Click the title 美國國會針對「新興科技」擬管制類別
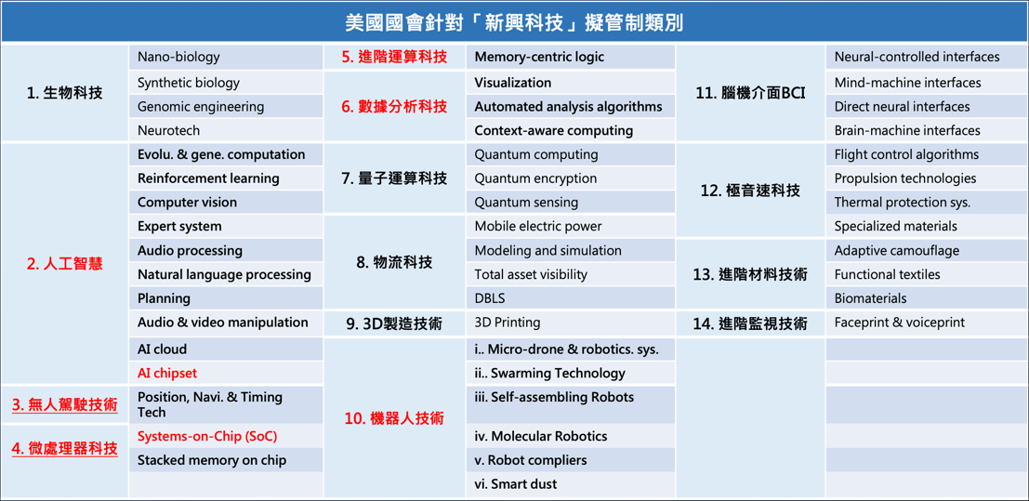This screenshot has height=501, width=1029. [514, 23]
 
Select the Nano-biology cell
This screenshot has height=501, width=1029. [227, 57]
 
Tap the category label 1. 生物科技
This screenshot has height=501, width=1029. [65, 93]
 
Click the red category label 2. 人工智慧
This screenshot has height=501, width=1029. [65, 265]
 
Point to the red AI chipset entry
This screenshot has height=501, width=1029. [167, 373]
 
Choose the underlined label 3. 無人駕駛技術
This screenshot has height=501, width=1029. [65, 404]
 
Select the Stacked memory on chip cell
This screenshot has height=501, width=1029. [227, 459]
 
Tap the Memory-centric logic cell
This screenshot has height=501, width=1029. [571, 57]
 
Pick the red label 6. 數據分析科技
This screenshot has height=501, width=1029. [394, 106]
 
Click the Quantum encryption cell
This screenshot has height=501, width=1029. [571, 178]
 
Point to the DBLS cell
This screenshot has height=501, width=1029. [571, 298]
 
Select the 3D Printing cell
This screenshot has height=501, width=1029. [571, 323]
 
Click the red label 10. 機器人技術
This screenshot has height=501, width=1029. [394, 417]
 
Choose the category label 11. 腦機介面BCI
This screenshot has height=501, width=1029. [750, 93]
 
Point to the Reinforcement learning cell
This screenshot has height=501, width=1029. [227, 178]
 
